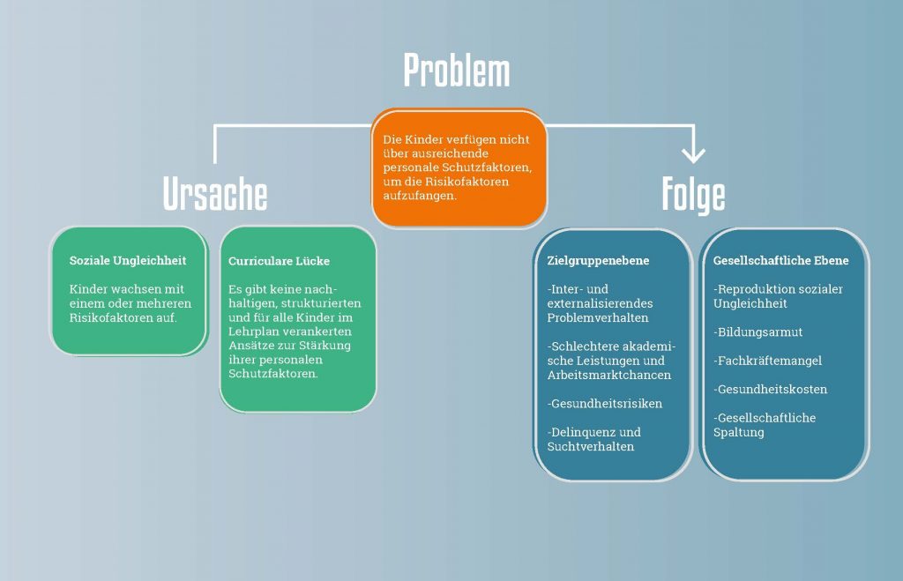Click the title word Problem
pyautogui.click(x=456, y=71)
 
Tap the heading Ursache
pyautogui.click(x=215, y=195)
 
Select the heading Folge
pyautogui.click(x=693, y=195)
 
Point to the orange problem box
pyautogui.click(x=459, y=168)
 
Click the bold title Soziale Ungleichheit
pyautogui.click(x=128, y=261)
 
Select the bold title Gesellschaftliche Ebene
pyautogui.click(x=781, y=261)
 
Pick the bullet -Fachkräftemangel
pyautogui.click(x=770, y=361)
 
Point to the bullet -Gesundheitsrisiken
pyautogui.click(x=604, y=404)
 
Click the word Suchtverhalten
pyautogui.click(x=590, y=446)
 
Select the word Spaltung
pyautogui.click(x=738, y=432)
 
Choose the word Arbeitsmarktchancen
pyautogui.click(x=609, y=375)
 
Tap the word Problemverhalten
pyautogui.click(x=597, y=317)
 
